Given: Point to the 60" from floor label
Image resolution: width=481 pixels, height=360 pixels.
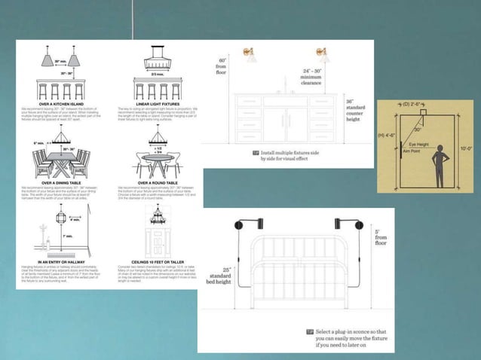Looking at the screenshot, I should click(x=222, y=66).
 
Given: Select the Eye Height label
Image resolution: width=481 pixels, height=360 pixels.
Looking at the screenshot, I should click(x=421, y=144).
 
